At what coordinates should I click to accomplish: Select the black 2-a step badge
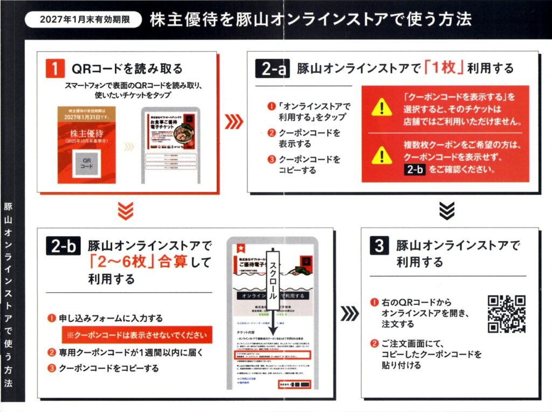point(274,69)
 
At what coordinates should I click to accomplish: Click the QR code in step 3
point(506,314)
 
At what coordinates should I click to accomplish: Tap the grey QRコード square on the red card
point(86,163)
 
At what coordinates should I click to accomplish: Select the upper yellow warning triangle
point(382,107)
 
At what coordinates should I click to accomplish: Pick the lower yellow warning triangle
point(382,156)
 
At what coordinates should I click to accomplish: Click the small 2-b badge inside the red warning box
point(416,170)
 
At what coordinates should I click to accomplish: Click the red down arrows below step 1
point(125,211)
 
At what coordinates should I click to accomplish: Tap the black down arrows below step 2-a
point(446,210)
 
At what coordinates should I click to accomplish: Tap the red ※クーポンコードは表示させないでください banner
point(136,335)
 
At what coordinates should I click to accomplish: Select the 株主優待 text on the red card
point(86,133)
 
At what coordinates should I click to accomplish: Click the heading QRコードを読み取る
point(127,69)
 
